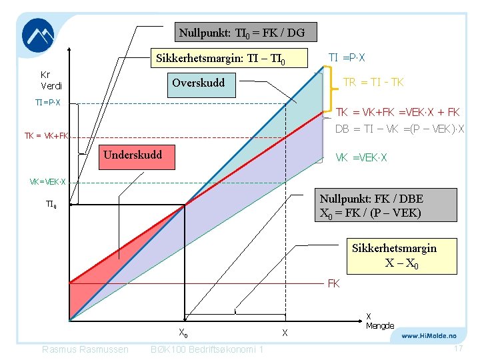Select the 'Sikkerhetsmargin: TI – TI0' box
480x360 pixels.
coord(221,59)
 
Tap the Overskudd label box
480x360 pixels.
coord(199,83)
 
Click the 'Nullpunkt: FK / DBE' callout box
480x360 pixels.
coord(385,206)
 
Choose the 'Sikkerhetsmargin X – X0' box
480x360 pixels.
coord(394,255)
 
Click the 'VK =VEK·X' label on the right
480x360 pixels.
coord(361,158)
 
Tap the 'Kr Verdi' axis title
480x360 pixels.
coord(51,80)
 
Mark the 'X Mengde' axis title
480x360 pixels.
coord(379,321)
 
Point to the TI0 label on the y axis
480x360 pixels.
coord(51,205)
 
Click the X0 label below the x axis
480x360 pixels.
coord(183,333)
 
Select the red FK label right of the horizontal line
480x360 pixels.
coord(333,283)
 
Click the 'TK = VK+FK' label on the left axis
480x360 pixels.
coord(47,136)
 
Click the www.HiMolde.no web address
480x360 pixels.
coord(429,337)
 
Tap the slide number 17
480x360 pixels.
coord(458,349)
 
